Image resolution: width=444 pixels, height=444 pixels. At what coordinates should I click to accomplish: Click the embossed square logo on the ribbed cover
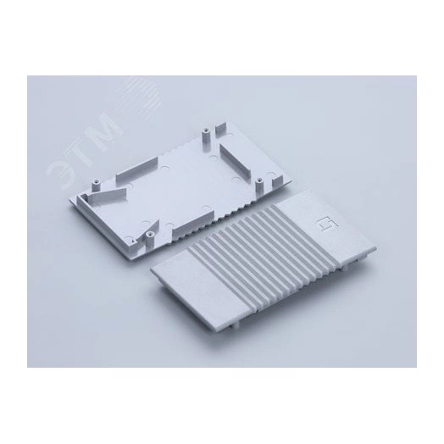pyautogui.click(x=325, y=223)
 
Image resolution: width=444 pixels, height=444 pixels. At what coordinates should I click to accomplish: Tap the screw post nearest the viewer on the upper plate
pyautogui.click(x=149, y=241)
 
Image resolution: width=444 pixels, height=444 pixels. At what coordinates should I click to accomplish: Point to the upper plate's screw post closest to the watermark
pyautogui.click(x=97, y=186)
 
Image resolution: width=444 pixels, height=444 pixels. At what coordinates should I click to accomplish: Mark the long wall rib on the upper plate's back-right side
pyautogui.click(x=236, y=161)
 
